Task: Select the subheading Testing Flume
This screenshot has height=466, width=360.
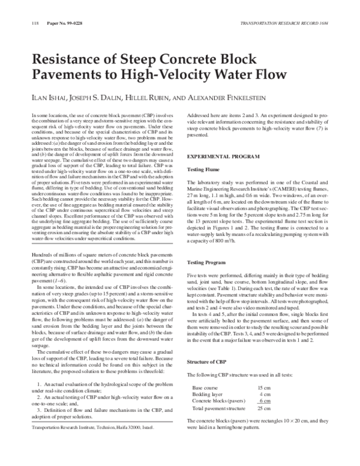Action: click(x=206, y=171)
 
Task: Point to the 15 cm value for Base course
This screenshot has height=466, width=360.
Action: click(x=263, y=388)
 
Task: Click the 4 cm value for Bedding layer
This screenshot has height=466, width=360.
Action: click(x=265, y=394)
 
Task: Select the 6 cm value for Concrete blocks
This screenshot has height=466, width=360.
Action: click(x=265, y=401)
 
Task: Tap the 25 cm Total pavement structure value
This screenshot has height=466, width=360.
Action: click(x=263, y=408)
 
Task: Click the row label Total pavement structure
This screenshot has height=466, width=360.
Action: click(x=218, y=408)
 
